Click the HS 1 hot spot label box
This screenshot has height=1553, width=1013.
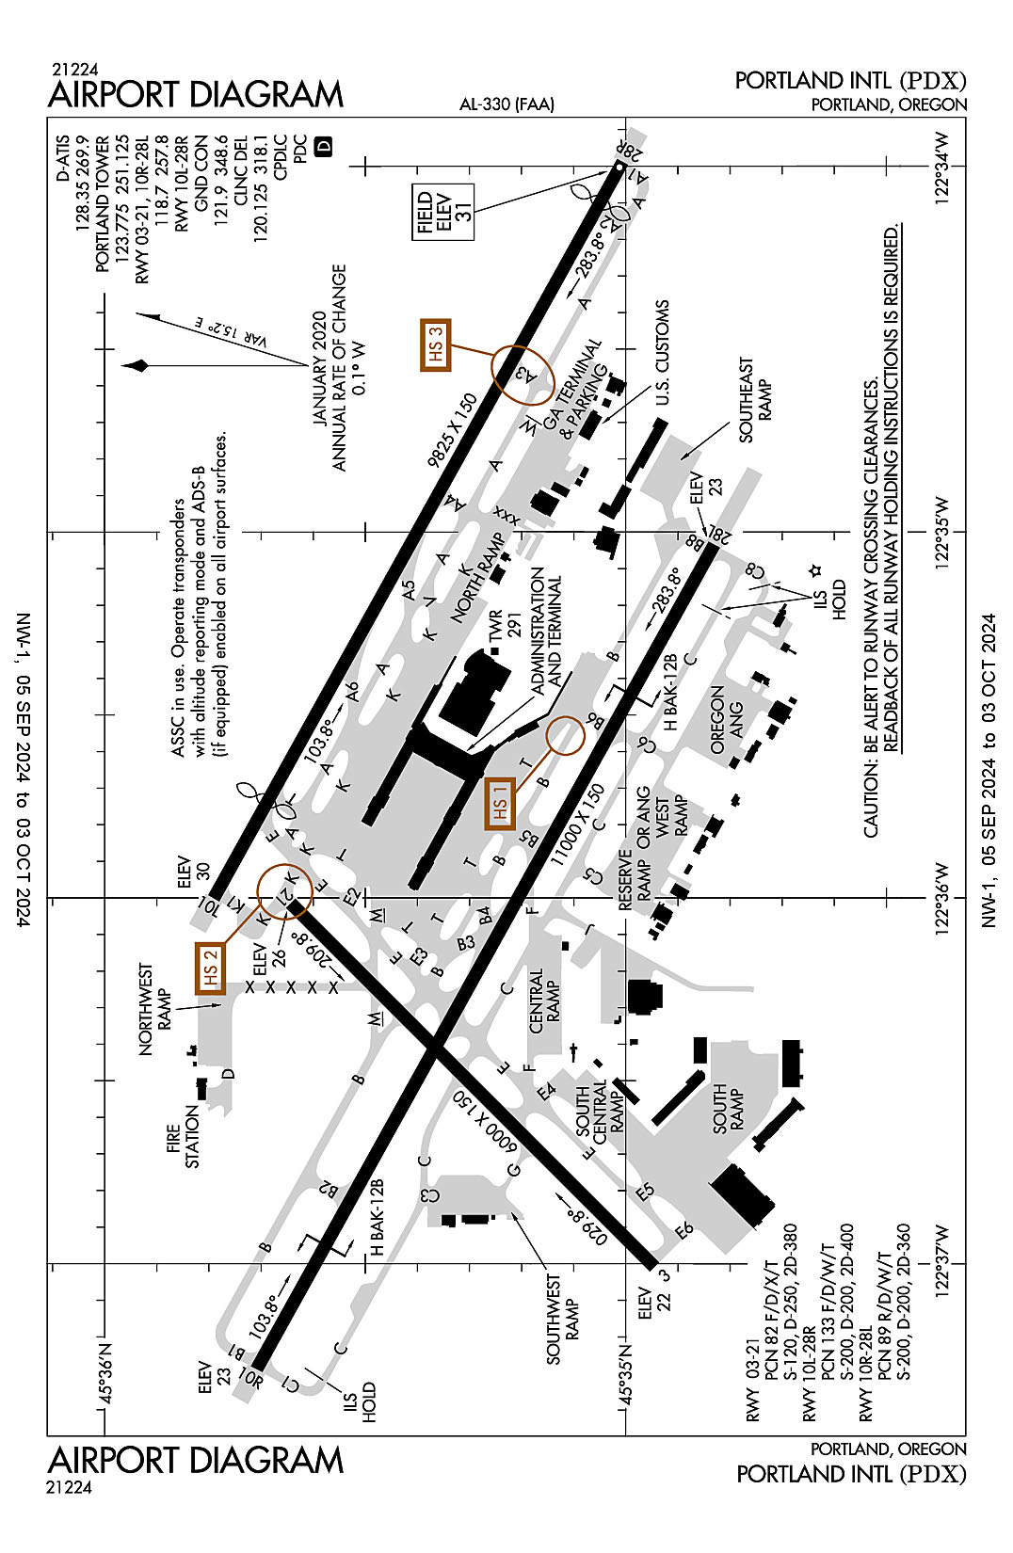pos(500,805)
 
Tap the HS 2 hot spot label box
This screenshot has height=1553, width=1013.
pos(211,967)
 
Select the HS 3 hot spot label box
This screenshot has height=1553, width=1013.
pos(435,344)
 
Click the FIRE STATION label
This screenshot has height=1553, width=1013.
pos(183,1136)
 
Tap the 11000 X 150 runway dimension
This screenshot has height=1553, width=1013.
pos(578,825)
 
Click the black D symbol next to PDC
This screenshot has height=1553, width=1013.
pos(323,146)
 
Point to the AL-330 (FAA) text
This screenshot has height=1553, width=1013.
pos(506,104)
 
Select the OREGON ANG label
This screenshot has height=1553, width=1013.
pos(726,720)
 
